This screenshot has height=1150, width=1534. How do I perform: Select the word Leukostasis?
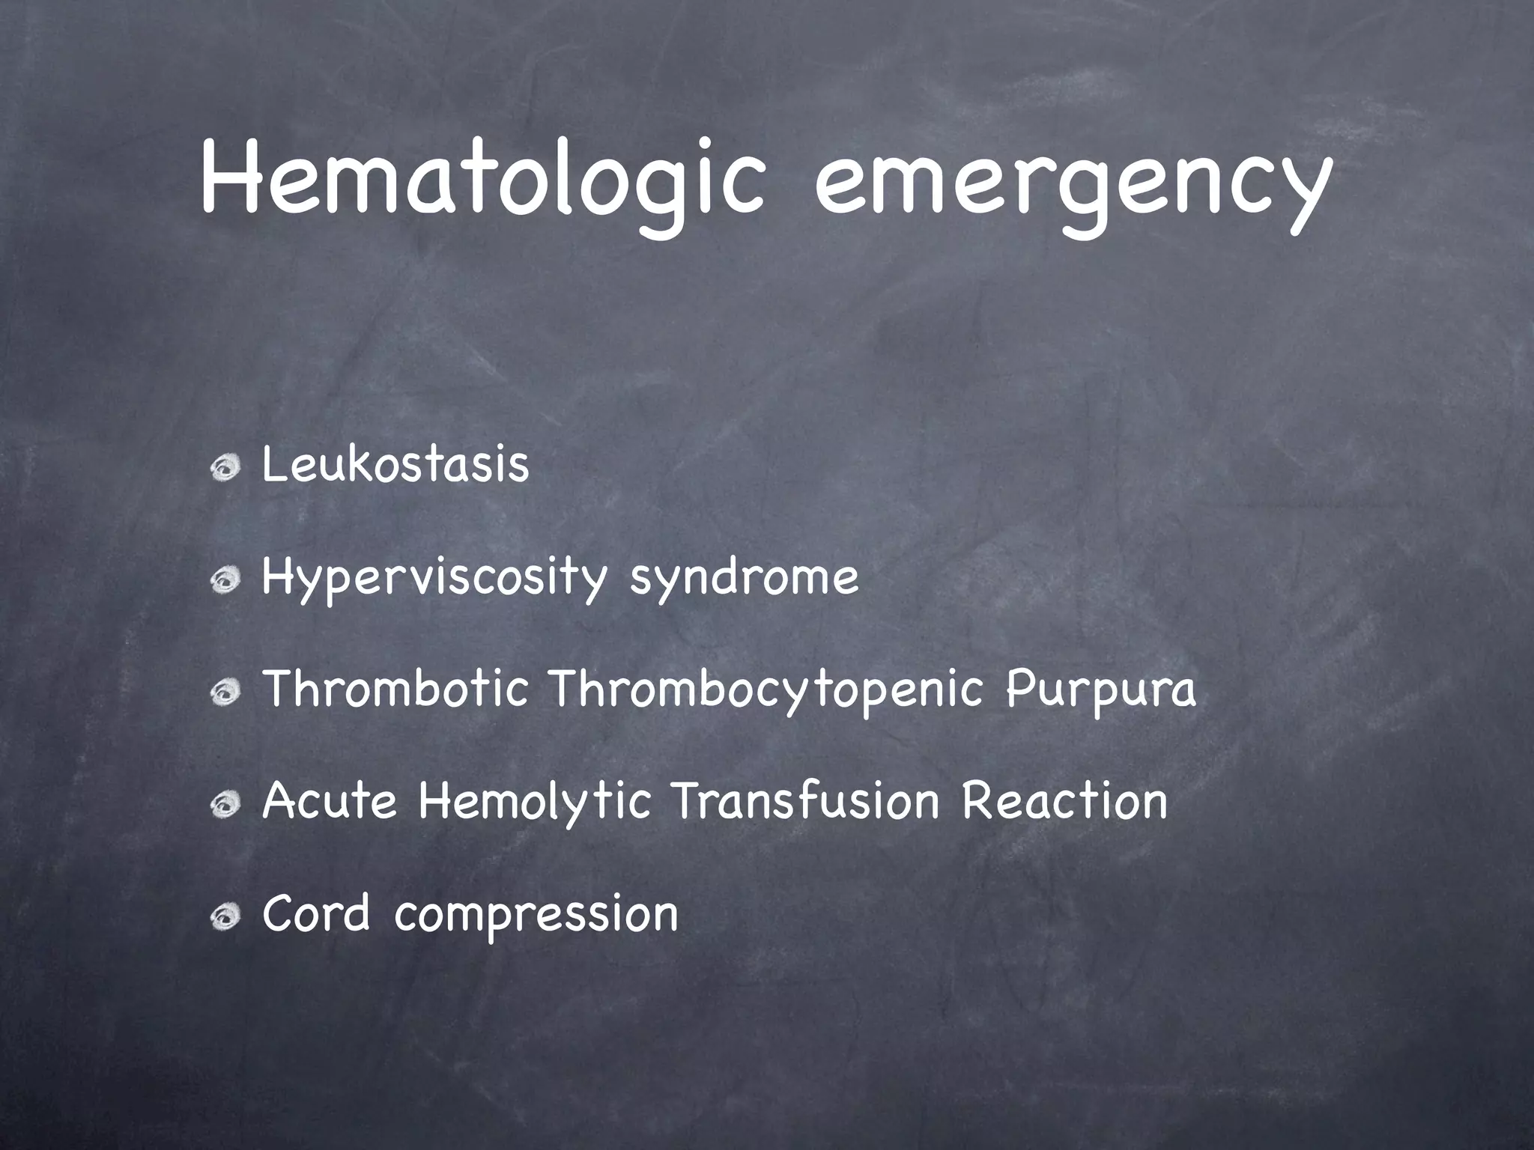[395, 465]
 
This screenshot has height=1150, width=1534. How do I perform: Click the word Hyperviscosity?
[433, 578]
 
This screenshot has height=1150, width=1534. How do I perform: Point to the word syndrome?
[744, 578]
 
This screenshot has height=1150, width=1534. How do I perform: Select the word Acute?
[329, 801]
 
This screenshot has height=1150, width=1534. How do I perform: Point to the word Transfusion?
[805, 801]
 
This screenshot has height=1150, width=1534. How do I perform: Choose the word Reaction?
[1064, 801]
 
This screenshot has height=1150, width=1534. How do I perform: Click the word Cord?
[316, 913]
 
